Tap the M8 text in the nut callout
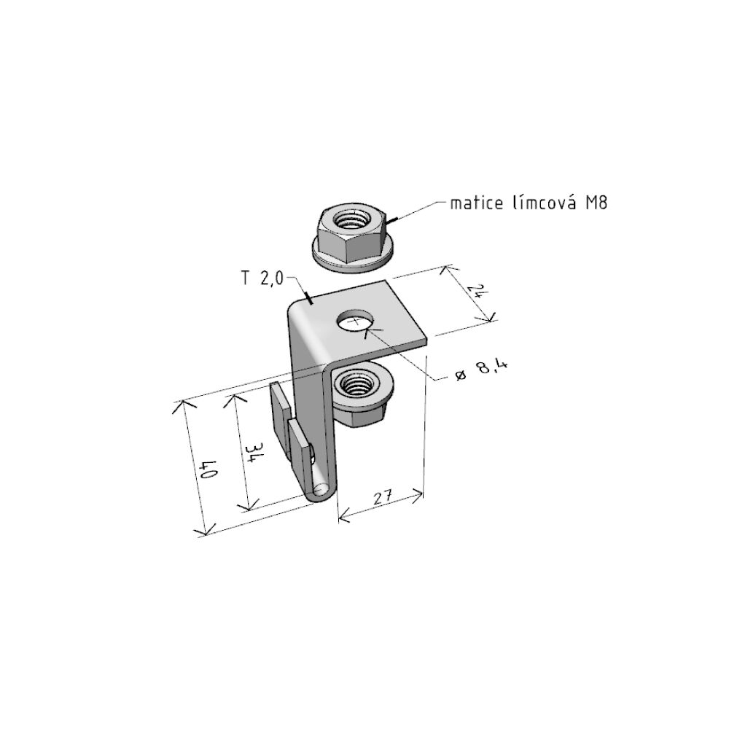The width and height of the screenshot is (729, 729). tap(596, 203)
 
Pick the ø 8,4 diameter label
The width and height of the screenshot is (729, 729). tap(480, 370)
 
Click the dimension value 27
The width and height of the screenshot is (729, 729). tap(383, 497)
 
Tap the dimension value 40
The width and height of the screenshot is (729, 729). tap(207, 469)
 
